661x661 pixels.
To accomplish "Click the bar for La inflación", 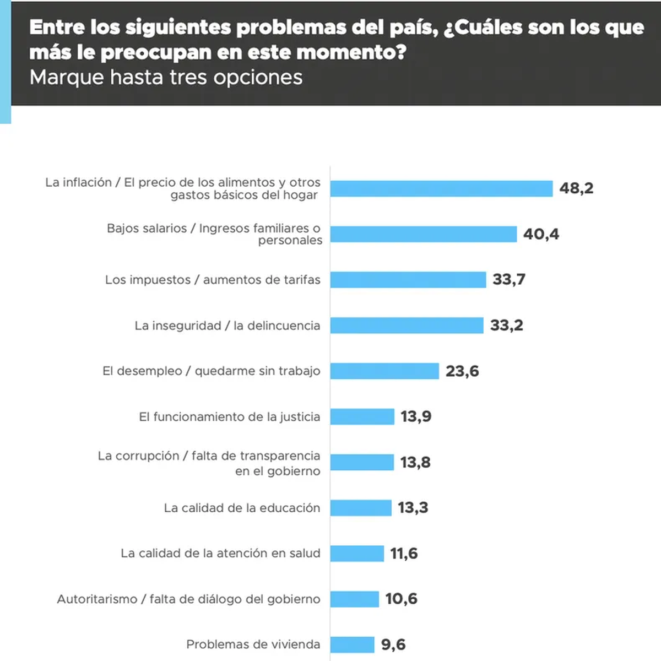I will (x=441, y=188).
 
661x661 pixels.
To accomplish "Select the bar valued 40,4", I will (x=424, y=234).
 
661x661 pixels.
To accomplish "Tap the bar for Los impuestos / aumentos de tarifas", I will (x=408, y=280).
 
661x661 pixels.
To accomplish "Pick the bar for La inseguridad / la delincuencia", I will (x=407, y=326).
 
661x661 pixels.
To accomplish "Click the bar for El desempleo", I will (x=384, y=371).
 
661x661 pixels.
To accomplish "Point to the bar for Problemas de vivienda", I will (x=353, y=644).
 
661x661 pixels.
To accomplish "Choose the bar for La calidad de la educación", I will (x=361, y=508).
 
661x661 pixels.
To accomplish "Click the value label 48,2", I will (x=576, y=188).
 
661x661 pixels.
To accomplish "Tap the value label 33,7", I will (x=509, y=280).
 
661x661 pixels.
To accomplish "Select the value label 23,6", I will (x=462, y=371).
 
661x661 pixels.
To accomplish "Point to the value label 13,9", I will (x=416, y=416).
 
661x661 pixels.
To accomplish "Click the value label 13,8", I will (x=415, y=462).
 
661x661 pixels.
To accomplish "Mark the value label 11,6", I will (x=404, y=554).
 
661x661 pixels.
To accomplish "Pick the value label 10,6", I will (x=401, y=599).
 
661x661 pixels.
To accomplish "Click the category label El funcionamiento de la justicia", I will (x=229, y=417).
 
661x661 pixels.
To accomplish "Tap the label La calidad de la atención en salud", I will (x=220, y=553).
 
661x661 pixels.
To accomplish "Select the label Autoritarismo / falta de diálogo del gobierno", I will (x=188, y=599).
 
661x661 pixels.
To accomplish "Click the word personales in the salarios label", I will (x=290, y=241).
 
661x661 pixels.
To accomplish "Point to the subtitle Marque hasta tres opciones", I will (x=166, y=78).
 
